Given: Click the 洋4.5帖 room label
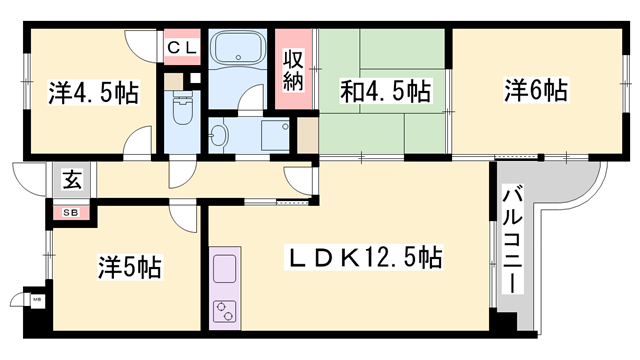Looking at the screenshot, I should (x=92, y=93).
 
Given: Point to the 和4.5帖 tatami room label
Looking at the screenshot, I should (x=383, y=93).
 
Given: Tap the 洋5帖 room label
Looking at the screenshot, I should (x=130, y=267).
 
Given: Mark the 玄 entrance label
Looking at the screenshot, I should (x=72, y=180).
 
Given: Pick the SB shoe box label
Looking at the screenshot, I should (x=72, y=211).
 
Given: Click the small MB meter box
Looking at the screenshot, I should (x=36, y=299).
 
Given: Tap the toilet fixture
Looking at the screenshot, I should (x=182, y=110).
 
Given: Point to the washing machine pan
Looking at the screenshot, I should (x=274, y=136).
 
